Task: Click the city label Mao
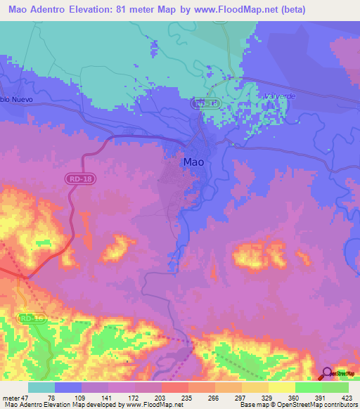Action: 194,162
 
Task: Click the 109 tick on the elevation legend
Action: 83,397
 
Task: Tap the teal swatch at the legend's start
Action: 41,387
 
